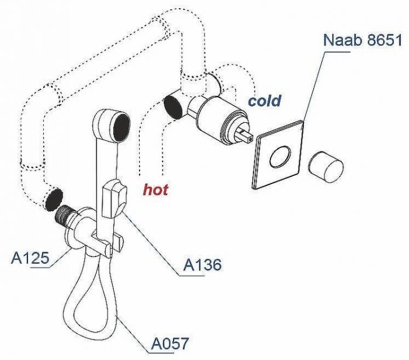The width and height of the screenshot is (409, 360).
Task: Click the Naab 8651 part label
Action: [362, 41]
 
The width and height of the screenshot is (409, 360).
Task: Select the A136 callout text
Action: [203, 265]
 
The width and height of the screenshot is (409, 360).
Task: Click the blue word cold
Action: [265, 101]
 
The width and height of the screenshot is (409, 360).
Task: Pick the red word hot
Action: [156, 189]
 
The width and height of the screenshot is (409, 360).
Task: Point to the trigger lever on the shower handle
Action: [113, 197]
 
